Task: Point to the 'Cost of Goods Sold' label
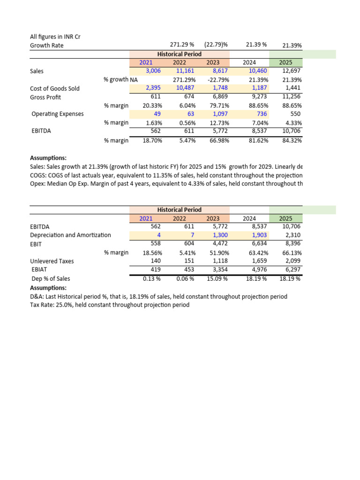(x=55, y=89)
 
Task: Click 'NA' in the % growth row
(x=134, y=80)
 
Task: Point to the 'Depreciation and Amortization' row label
(x=70, y=235)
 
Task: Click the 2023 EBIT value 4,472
(x=218, y=243)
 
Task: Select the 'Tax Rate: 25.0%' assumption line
(x=110, y=305)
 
